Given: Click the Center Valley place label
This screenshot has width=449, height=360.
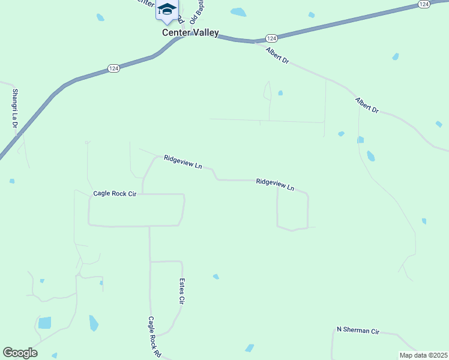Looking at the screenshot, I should pos(190,33).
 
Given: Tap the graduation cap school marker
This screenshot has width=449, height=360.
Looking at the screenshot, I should pos(167,10).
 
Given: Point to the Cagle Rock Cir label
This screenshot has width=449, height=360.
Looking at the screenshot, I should pos(115,194).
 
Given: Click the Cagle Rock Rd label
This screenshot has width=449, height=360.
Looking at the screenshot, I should pos(155,337).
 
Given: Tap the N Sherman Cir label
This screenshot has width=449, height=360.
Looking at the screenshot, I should pos(358,330).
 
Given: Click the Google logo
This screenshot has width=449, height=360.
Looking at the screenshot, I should pos(20,352).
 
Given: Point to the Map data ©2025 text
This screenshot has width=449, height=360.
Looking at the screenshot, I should pos(423,355).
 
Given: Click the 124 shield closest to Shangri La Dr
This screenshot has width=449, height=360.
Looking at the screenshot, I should pos(113,68).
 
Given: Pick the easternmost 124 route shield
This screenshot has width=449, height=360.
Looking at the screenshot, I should pos(424,4).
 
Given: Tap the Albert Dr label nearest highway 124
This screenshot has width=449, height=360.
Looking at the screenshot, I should pos(277,57).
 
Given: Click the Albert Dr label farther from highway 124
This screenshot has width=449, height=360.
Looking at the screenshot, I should pos(367,106).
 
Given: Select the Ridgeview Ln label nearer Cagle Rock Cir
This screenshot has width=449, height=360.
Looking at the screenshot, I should pos(182,162).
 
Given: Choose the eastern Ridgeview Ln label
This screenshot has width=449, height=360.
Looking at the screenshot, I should pos(275,184).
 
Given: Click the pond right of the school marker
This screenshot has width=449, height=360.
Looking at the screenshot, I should pos(238,12).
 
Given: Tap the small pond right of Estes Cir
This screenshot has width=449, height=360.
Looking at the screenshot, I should pos(216,277).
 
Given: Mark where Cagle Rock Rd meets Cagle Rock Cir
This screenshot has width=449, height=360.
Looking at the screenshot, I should pos(149,226).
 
